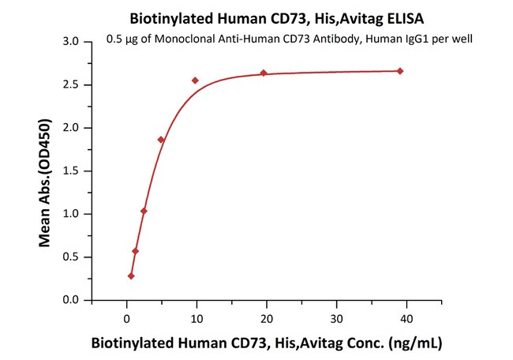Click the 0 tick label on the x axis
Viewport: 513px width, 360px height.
[127, 318]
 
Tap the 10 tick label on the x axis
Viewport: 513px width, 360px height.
[197, 318]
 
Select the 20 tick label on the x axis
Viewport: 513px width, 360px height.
[267, 318]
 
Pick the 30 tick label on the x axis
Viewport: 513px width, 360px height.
[337, 318]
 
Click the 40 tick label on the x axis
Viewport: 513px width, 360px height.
[406, 318]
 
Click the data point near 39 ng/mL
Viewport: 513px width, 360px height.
[400, 71]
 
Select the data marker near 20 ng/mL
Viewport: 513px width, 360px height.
[264, 73]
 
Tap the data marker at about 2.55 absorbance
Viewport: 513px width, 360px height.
[195, 81]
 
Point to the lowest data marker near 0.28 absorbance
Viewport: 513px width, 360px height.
[131, 276]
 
